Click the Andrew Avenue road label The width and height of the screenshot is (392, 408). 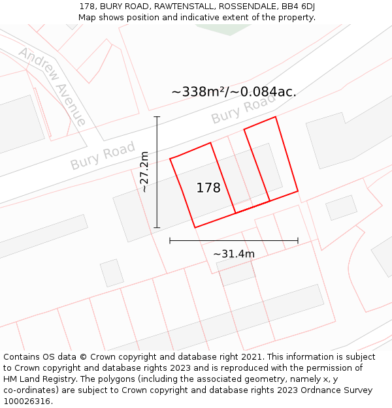[52, 86]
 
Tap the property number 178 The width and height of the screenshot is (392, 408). [208, 188]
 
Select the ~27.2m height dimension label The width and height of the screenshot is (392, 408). [144, 172]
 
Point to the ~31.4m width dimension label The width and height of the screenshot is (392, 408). [233, 254]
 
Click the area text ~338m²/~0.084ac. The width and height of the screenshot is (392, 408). [234, 92]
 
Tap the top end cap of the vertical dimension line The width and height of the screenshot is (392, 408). [157, 117]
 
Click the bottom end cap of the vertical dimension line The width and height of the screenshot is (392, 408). [157, 228]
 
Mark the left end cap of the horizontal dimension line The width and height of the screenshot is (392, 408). [170, 241]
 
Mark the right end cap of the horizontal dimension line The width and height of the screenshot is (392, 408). [298, 241]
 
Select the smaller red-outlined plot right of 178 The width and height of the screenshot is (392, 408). [270, 159]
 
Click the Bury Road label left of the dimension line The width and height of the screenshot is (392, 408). [103, 155]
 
